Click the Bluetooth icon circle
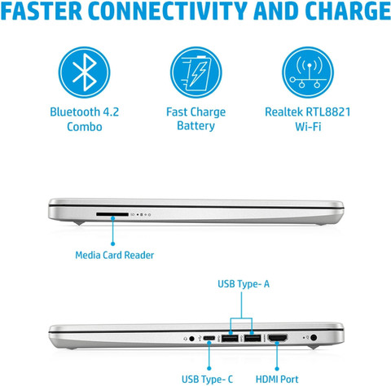84,72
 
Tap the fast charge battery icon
196,72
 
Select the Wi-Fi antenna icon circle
308,72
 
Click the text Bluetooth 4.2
85,112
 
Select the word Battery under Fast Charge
195,126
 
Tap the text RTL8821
328,112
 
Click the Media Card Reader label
115,255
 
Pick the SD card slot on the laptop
112,214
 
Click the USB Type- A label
244,284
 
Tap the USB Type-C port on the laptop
209,338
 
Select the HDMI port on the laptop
278,338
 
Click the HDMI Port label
277,379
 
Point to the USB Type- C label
207,379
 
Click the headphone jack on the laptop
191,339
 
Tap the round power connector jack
314,338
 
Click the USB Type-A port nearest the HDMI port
253,338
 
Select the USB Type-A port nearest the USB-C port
230,338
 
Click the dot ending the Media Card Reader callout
112,244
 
